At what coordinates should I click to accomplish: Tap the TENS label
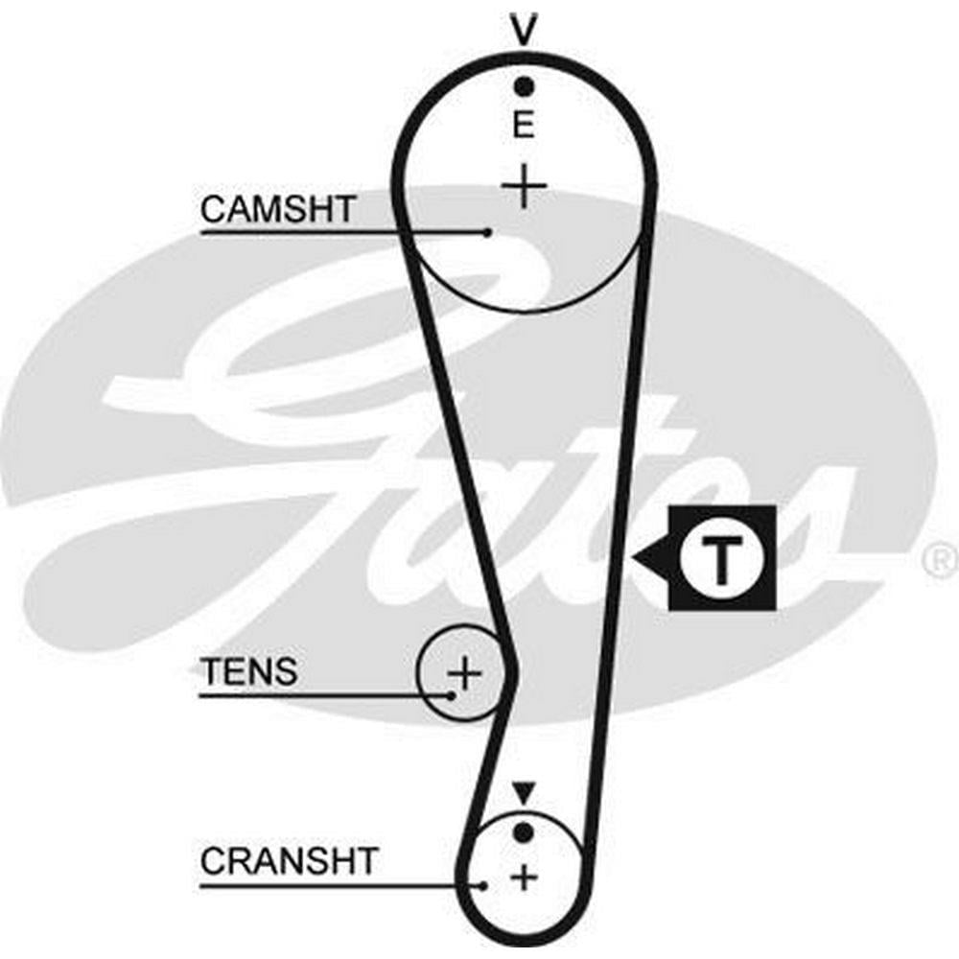pos(248,671)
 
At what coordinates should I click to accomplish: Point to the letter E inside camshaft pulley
pos(523,126)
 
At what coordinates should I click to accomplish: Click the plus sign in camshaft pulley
pos(524,185)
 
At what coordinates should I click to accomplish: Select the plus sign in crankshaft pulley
pos(524,877)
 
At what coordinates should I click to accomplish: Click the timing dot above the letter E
pos(523,87)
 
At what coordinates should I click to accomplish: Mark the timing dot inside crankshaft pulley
pos(523,830)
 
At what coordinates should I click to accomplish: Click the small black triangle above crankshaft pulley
pos(523,793)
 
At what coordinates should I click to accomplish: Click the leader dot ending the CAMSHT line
pos(488,232)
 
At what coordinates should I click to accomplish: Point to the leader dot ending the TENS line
pos(451,694)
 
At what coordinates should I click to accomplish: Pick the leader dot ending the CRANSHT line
pos(485,884)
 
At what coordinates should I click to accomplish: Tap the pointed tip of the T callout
pos(634,558)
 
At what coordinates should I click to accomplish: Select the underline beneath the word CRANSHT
pos(336,884)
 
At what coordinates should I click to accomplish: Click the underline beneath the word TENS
pos(316,694)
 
